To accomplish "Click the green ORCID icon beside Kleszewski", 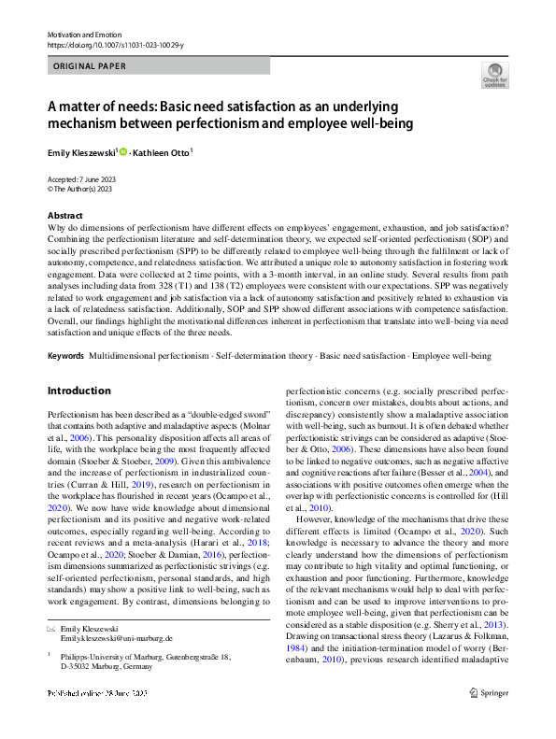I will point(122,150).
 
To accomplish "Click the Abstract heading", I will point(64,216).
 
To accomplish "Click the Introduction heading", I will point(78,391).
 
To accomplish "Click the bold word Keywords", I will point(65,357).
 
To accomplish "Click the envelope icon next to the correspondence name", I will point(51,628).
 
